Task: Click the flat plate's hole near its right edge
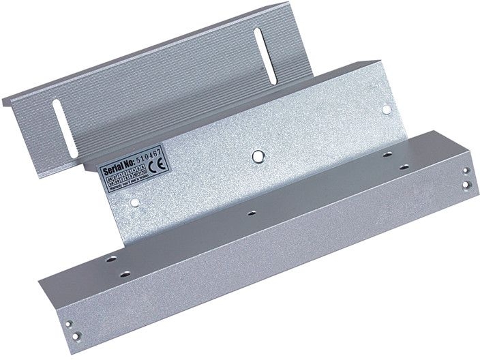[x=385, y=108]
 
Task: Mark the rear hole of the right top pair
[x=388, y=157]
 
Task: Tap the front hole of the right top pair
[x=404, y=166]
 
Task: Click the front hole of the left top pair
[x=125, y=273]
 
